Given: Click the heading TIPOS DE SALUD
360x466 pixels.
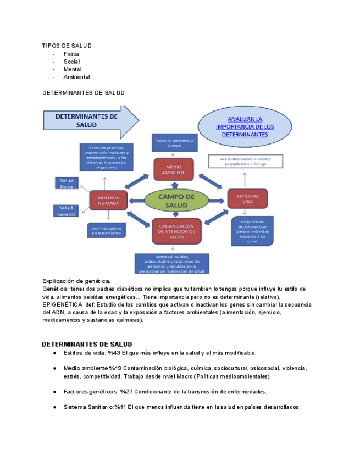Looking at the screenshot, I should pos(67,45).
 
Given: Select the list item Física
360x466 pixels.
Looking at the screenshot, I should pos(71,54).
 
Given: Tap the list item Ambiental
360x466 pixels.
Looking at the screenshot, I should pos(76,77).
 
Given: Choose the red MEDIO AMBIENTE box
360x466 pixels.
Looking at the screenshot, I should pos(173,169).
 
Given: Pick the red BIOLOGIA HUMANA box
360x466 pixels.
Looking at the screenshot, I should pos(108,200).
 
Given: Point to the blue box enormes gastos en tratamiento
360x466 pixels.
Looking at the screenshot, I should pos(106,231).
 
